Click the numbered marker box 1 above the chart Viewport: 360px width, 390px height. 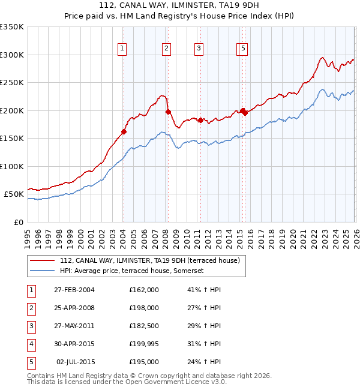tap(122, 49)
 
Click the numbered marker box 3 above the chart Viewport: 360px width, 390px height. tap(199, 49)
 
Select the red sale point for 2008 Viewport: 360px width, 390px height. tap(168, 112)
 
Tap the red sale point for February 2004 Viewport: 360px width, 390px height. tap(124, 131)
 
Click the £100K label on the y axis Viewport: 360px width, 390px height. tap(12, 166)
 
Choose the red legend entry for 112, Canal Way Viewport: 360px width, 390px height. tap(150, 260)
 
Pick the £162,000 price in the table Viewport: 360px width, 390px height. tap(144, 290)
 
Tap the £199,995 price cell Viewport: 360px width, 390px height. tap(144, 344)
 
